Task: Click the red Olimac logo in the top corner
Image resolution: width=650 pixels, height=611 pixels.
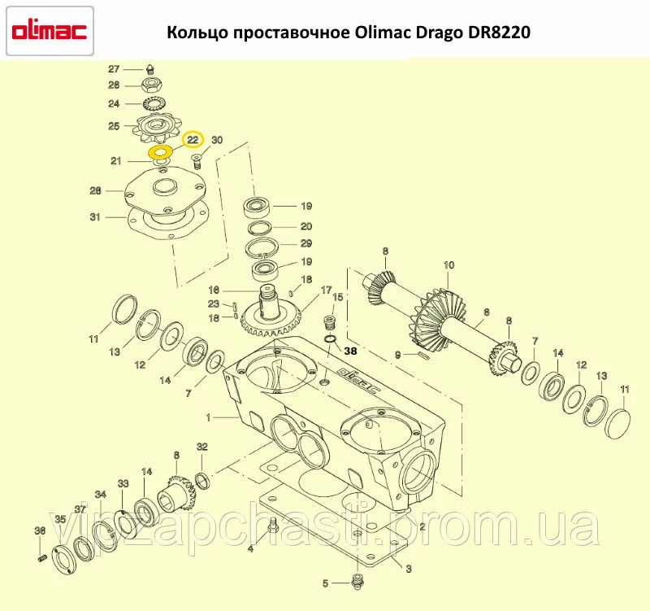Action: pos(50,31)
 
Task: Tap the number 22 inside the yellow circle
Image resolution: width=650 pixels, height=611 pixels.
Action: pos(193,140)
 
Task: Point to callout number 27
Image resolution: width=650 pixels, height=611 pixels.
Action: pos(114,69)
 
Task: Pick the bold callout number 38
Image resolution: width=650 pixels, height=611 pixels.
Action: pos(350,351)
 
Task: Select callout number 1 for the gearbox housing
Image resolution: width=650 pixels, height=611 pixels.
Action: pos(209,417)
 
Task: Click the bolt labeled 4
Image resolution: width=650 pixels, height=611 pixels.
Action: pos(272,526)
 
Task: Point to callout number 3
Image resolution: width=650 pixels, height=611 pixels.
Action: pos(409,568)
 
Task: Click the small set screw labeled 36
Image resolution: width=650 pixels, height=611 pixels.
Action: pos(41,559)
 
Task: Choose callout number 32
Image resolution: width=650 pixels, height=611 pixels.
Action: pos(201,447)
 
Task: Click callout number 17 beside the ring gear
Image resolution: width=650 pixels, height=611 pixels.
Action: pos(327,290)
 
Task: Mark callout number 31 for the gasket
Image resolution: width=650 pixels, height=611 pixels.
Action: pos(95,216)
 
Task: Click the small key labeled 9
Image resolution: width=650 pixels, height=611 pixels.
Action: pos(424,355)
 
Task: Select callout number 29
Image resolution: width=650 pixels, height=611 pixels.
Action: pos(306,243)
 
